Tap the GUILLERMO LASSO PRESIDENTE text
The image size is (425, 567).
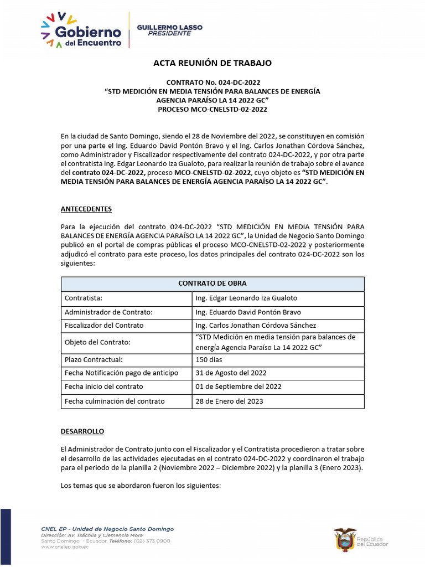(169, 30)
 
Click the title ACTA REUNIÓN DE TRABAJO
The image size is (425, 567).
(212, 63)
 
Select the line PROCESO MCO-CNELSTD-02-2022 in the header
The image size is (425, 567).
(212, 110)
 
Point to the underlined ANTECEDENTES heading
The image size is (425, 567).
(86, 209)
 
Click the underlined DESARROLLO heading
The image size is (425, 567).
(82, 431)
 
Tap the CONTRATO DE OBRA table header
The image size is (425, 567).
(212, 283)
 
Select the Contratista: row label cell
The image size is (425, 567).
(84, 298)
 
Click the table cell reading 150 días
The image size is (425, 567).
(209, 360)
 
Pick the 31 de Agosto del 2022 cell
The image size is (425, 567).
(231, 373)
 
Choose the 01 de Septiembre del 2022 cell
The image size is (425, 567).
(239, 386)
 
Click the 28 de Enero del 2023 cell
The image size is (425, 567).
(229, 401)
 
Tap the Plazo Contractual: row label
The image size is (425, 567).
(94, 360)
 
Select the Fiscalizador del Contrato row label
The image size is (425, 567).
(104, 325)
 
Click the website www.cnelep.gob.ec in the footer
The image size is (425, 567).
(65, 547)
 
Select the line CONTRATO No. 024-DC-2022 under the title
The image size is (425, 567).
(212, 83)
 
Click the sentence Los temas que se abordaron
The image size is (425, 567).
(141, 486)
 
